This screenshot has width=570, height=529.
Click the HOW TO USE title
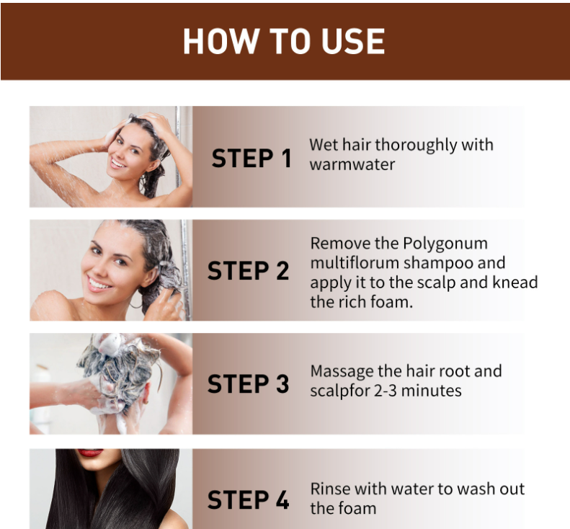point(284,41)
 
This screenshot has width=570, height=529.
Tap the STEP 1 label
point(251,158)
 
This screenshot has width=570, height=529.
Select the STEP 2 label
point(249,271)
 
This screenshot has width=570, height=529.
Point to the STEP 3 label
point(249,384)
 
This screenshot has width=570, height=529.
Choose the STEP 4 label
point(249,499)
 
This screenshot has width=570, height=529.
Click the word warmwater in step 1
point(352,164)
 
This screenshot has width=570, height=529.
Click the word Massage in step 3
point(342,372)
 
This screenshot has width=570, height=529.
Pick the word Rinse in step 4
point(330,489)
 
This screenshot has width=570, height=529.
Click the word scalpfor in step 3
point(339,391)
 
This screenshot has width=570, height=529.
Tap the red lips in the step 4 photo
point(90,453)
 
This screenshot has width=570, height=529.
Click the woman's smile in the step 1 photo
point(117,163)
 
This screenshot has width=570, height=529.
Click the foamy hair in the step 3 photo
point(119,368)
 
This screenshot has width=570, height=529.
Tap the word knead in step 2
point(515,283)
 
